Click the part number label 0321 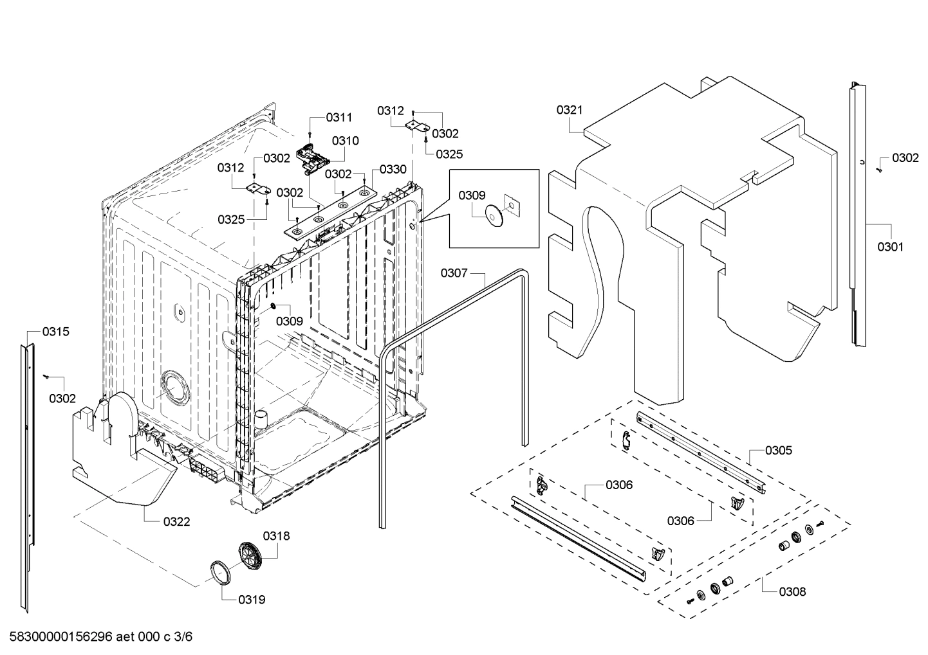(569, 110)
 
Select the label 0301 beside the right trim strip (890, 246)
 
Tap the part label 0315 (56, 332)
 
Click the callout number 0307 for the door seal (454, 273)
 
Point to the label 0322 (176, 521)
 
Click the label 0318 (276, 535)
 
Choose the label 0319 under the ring (252, 600)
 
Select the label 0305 (779, 450)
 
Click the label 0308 (792, 591)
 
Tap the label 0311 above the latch (339, 117)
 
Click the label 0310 (346, 141)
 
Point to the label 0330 (393, 169)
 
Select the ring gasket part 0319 (220, 571)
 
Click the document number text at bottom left (97, 636)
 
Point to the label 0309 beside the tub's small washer (290, 321)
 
